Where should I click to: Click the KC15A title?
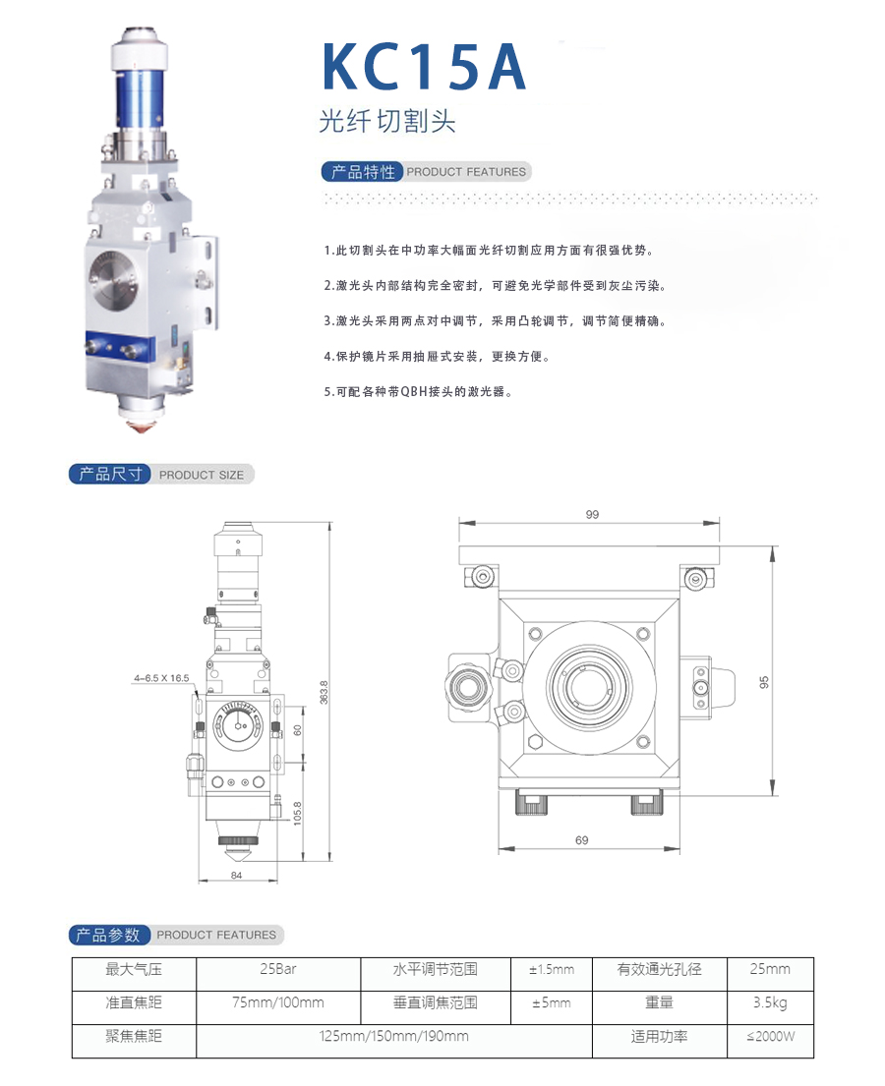point(424,67)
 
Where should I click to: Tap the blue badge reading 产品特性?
point(362,172)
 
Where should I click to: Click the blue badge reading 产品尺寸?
point(109,475)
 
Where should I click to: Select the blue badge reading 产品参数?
point(109,935)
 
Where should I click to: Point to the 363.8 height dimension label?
point(324,693)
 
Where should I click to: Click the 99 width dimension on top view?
point(592,515)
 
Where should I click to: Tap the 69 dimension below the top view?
point(581,840)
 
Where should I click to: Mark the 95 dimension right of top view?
point(764,682)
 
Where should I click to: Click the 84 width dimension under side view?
point(236,876)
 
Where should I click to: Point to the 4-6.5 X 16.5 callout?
point(161,678)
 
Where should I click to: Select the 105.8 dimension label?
point(297,813)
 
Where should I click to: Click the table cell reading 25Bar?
point(278,969)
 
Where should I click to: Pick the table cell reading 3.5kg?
point(770,1002)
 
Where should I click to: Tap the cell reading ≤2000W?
point(770,1037)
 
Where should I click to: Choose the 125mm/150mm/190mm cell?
point(393,1037)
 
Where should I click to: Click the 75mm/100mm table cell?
point(278,1002)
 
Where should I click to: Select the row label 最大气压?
point(134,969)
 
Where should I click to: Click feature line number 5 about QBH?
point(419,392)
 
